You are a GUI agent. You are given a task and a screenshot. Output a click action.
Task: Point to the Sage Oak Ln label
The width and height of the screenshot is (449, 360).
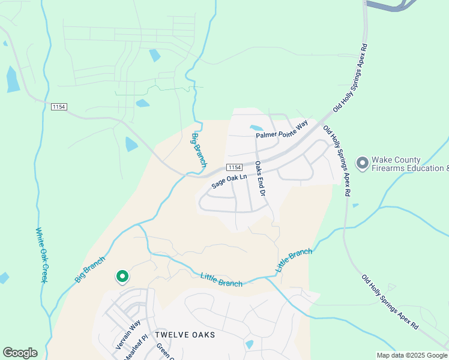(x=229, y=181)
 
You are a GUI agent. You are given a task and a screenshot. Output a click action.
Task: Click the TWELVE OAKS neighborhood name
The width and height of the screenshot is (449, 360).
(x=185, y=334)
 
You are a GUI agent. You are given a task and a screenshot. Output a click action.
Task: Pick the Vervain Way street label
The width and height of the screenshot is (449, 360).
(x=128, y=335)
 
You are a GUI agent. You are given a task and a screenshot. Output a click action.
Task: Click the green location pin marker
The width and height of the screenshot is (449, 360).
(x=122, y=276)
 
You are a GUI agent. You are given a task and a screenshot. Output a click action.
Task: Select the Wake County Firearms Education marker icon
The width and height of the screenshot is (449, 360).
(x=363, y=163)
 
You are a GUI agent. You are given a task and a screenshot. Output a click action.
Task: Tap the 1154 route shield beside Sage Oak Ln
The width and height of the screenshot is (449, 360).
(x=234, y=167)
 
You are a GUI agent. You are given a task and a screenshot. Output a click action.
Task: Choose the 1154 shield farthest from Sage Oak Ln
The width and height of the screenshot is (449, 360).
(x=59, y=107)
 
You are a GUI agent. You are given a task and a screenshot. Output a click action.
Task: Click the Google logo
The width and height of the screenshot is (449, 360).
(x=20, y=353)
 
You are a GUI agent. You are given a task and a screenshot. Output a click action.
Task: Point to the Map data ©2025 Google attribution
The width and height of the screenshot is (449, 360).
(x=411, y=355)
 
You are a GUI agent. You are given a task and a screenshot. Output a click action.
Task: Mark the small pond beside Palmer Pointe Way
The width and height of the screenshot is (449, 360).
(x=256, y=128)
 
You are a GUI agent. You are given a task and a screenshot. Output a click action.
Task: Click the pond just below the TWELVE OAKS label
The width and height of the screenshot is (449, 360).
(x=249, y=344)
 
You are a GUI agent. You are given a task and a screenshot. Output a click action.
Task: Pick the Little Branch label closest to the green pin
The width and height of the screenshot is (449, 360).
(x=221, y=279)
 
